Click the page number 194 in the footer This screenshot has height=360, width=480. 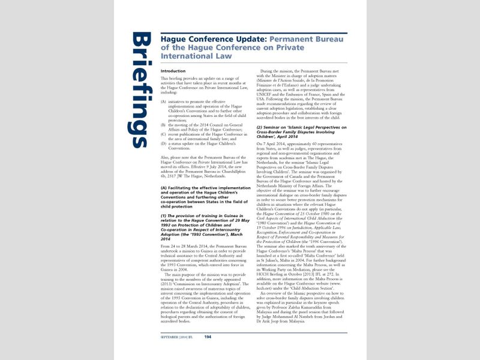[208, 337]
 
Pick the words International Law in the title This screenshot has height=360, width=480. [189, 56]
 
